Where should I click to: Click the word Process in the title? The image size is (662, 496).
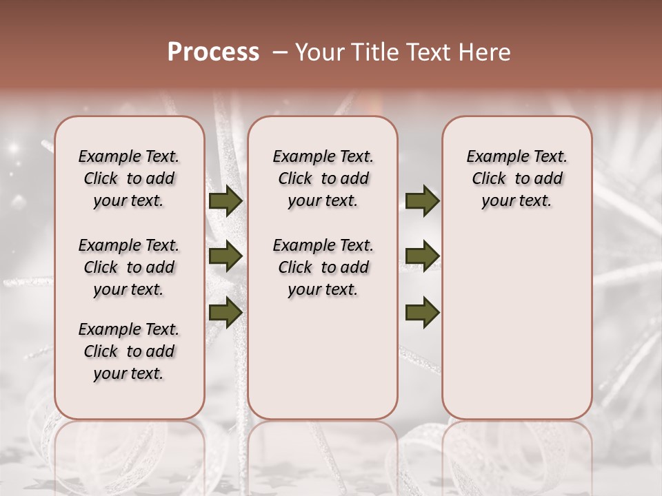coord(213,52)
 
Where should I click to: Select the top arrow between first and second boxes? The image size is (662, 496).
coord(225,201)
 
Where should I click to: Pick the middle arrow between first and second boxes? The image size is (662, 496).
coord(225,256)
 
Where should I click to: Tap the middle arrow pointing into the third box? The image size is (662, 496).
coord(422,256)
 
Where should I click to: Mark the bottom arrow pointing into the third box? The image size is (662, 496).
coord(422,311)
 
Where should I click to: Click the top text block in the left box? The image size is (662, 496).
coord(129,178)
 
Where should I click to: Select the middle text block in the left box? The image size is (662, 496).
coord(129,267)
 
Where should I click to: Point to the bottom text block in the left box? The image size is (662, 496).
coord(129,351)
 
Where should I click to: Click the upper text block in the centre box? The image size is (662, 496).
coord(323,178)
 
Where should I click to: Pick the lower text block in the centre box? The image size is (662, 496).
coord(323,267)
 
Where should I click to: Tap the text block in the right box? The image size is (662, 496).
coord(517,178)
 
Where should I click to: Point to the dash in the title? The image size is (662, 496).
coord(280,52)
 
